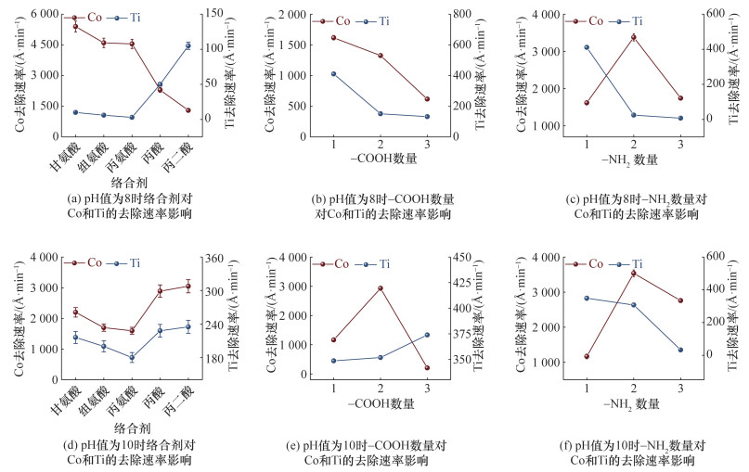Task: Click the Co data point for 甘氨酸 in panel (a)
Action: pos(75,27)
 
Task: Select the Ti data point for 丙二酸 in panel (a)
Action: pos(188,45)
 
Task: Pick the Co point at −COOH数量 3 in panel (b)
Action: pos(427,99)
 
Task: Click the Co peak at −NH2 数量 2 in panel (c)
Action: pos(633,37)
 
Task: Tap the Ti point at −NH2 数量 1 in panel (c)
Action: pos(587,47)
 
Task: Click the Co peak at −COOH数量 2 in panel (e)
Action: pos(381,287)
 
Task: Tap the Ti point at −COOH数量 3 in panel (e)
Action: pos(427,335)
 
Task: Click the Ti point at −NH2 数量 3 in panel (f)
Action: pos(680,350)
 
